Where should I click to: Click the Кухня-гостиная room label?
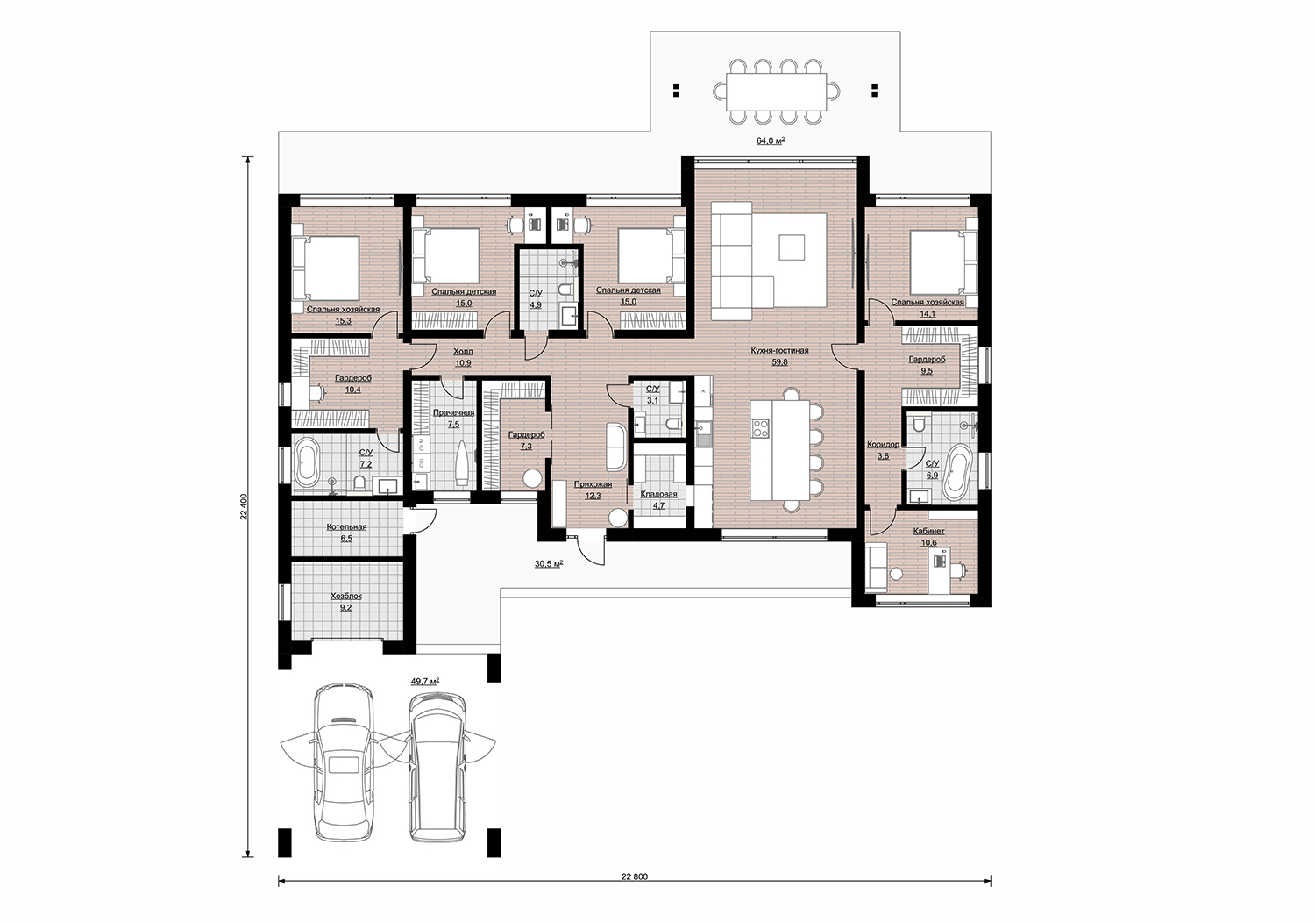[x=779, y=351]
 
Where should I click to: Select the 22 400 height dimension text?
[x=245, y=507]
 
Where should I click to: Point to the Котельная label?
[x=346, y=527]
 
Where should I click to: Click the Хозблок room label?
[x=345, y=596]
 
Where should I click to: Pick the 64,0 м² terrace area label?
[x=771, y=140]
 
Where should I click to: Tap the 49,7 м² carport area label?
[x=425, y=681]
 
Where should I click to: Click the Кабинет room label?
[x=928, y=531]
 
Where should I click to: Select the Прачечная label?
[x=453, y=413]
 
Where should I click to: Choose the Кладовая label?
[x=658, y=494]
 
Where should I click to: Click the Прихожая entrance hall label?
[x=593, y=484]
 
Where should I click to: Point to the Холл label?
[x=463, y=351]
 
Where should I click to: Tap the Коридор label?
[x=883, y=444]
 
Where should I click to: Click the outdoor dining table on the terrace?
[x=776, y=90]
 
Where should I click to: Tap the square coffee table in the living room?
[x=792, y=247]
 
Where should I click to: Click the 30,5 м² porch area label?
[x=549, y=563]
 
